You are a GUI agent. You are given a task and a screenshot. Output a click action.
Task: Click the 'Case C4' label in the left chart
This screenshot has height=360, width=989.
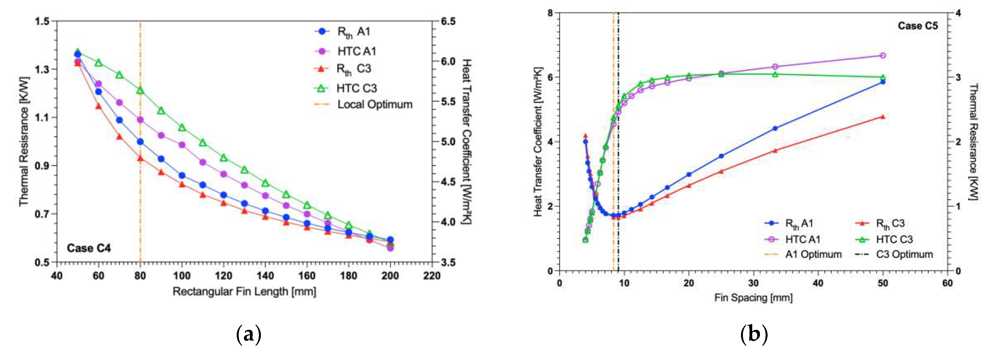point(89,248)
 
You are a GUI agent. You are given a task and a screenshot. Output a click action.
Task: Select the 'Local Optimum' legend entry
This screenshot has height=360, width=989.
point(374,104)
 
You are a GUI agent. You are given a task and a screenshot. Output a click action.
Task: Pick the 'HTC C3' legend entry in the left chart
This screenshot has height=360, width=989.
point(356,88)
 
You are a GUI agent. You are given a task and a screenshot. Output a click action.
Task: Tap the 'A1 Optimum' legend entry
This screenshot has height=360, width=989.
point(813,254)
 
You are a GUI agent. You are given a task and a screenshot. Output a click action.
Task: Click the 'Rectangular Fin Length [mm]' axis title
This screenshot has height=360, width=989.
point(244,292)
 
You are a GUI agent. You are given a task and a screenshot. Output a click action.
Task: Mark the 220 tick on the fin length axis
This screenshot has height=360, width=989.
point(432,276)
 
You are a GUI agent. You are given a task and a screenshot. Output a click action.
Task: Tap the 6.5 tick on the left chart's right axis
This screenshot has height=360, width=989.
point(448,21)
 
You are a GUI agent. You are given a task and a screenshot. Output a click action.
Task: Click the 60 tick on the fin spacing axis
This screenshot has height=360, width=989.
point(947,284)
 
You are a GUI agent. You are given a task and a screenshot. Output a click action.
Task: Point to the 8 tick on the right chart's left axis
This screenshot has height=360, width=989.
point(550,13)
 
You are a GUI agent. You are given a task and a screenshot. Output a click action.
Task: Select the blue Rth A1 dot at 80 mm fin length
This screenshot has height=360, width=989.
point(140,142)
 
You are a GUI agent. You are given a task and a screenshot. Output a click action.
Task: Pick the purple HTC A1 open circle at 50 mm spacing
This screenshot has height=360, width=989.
point(883,56)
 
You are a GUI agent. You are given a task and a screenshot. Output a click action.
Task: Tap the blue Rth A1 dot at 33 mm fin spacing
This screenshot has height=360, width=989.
point(775,129)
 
